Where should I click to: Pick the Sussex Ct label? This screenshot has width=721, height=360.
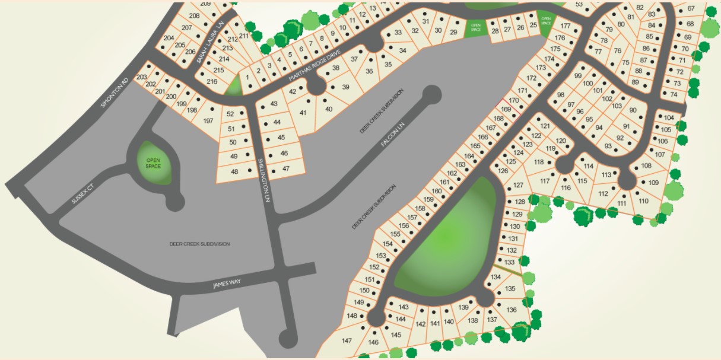(83, 193)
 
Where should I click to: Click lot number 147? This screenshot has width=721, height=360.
(347, 340)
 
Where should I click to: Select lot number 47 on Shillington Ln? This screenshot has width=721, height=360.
(286, 168)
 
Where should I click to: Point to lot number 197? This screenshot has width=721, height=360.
(208, 121)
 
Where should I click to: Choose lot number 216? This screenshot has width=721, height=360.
(212, 81)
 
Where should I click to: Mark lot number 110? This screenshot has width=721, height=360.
(644, 200)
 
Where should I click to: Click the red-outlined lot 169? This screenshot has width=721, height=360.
(506, 110)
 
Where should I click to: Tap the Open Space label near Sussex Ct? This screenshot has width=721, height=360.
(154, 163)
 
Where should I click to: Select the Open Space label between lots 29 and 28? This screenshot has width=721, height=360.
(475, 27)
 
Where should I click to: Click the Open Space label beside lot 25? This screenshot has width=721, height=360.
(546, 21)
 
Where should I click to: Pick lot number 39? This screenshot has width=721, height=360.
(346, 87)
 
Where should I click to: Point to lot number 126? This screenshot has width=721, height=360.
(503, 171)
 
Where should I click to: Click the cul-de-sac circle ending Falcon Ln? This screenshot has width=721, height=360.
(432, 94)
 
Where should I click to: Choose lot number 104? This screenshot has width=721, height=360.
(669, 118)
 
